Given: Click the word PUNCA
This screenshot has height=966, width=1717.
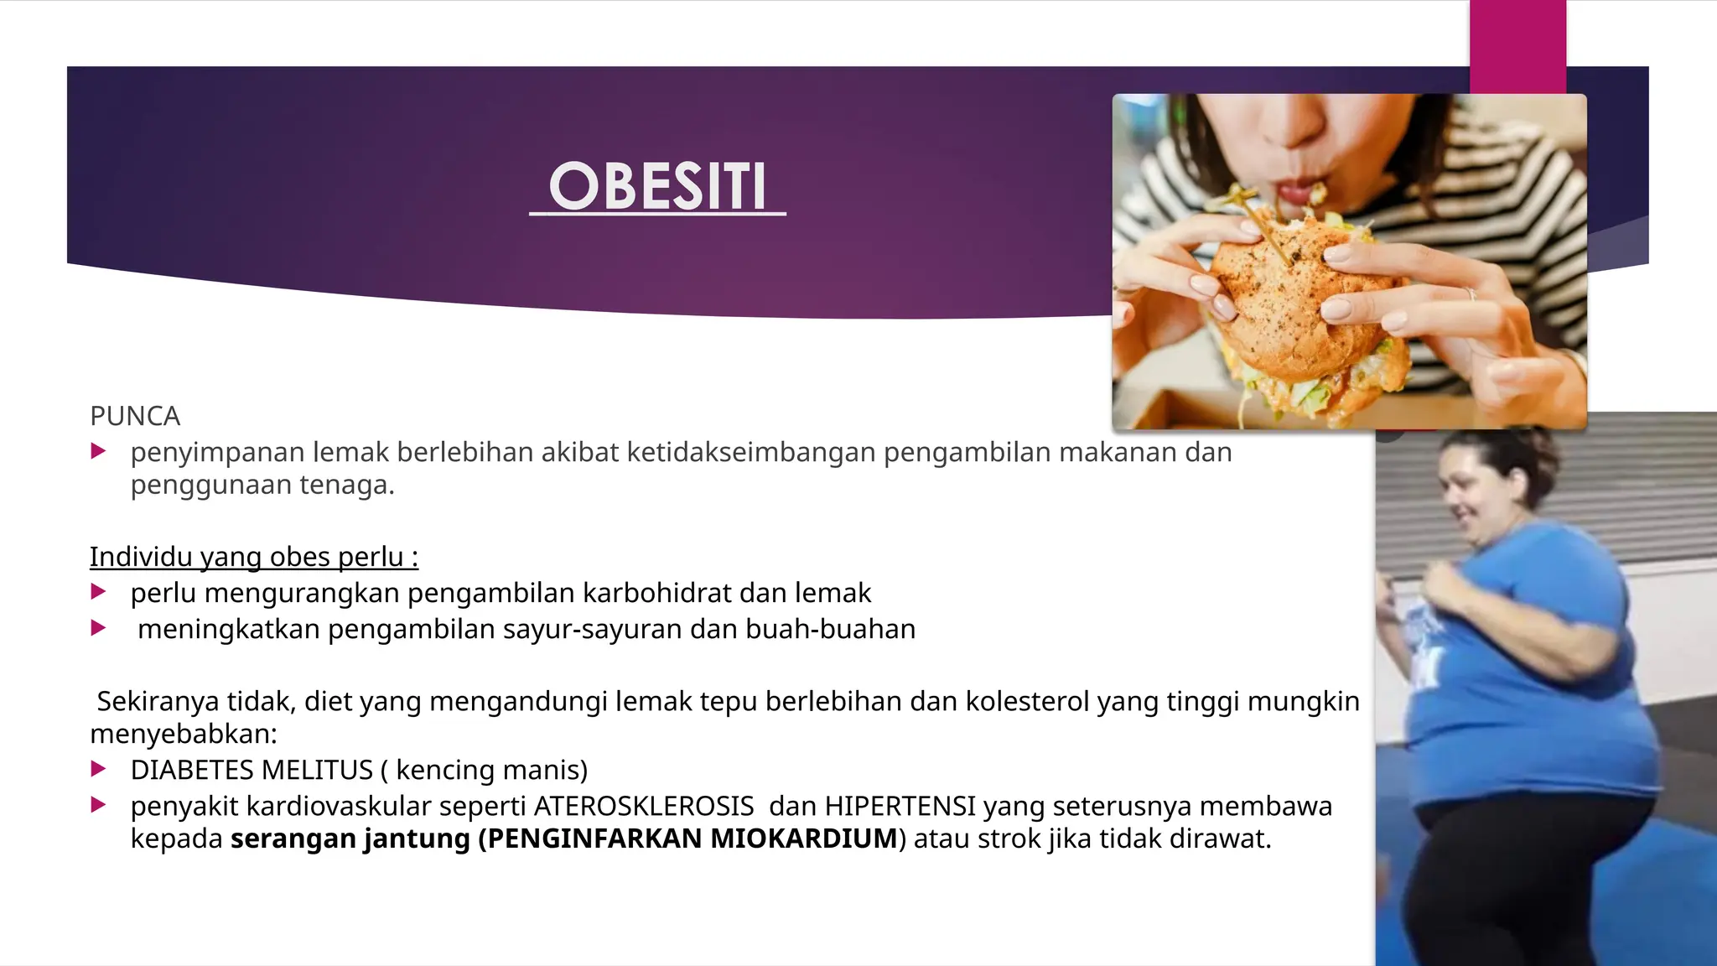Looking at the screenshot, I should click(x=135, y=416).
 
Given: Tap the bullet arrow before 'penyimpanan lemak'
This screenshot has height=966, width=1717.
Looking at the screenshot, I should click(x=98, y=452).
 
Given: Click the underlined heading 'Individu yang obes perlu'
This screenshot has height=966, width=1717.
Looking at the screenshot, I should click(x=253, y=557).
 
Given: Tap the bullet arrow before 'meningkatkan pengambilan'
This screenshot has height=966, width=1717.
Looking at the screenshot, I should click(x=98, y=628).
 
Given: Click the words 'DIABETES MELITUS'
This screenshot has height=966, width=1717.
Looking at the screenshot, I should click(x=252, y=770).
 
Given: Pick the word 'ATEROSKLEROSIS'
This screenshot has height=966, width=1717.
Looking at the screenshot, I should click(x=644, y=806).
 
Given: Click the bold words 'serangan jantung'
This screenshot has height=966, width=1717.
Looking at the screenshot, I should click(x=350, y=839).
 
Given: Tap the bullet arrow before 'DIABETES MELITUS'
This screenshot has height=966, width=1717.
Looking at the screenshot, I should click(x=98, y=769).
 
